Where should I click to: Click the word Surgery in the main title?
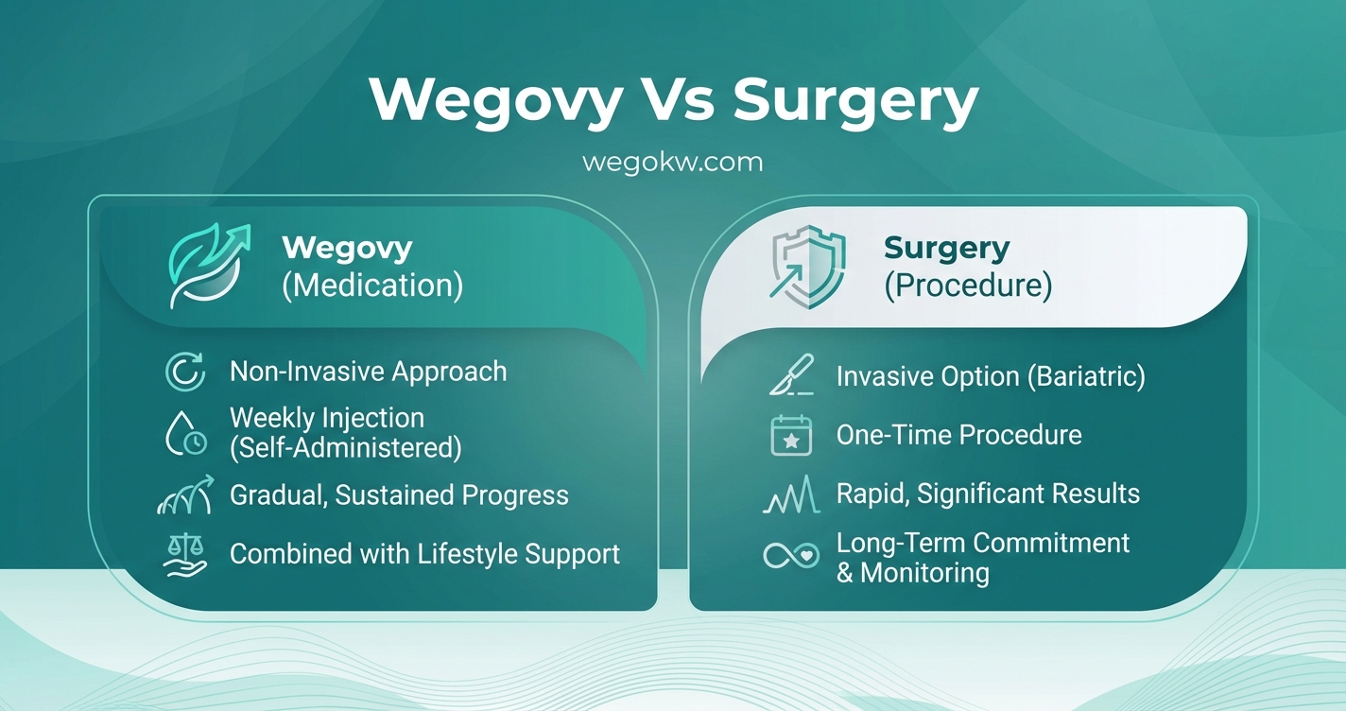[x=855, y=100]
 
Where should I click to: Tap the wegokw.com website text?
[x=672, y=162]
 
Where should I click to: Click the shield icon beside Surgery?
[x=808, y=267]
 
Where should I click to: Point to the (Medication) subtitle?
[x=372, y=286]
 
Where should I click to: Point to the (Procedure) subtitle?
[x=968, y=286]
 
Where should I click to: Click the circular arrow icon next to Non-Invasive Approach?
[x=184, y=372]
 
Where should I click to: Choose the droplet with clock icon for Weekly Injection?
[x=184, y=433]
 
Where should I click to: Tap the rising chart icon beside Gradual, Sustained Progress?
[x=184, y=495]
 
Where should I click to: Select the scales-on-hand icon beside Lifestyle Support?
[x=184, y=554]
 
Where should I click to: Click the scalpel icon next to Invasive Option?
[x=791, y=377]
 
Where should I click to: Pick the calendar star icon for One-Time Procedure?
[x=791, y=436]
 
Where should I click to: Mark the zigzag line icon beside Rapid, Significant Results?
[x=791, y=494]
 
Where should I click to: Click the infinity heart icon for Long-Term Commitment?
[x=791, y=556]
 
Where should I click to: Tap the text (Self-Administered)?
[x=346, y=447]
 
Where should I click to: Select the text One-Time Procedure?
[x=958, y=435]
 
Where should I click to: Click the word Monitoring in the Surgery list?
[x=924, y=573]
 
